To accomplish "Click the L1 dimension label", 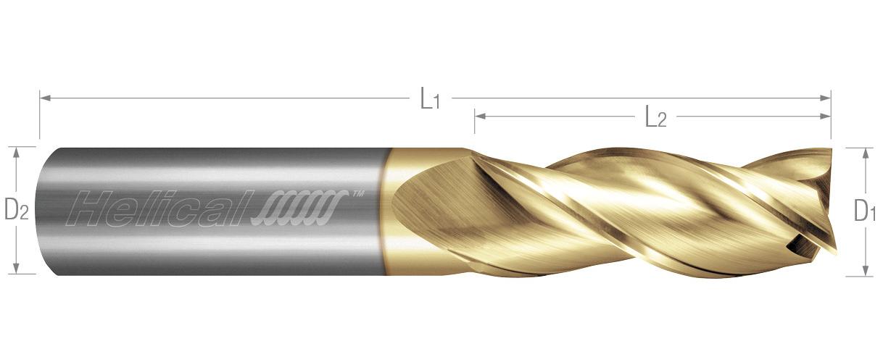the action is pyautogui.click(x=430, y=98).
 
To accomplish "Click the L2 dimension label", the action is pyautogui.click(x=656, y=117).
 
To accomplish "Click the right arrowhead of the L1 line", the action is pyautogui.click(x=826, y=98).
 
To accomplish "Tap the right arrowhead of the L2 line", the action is pyautogui.click(x=826, y=116).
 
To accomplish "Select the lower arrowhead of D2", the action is pyautogui.click(x=16, y=268).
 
